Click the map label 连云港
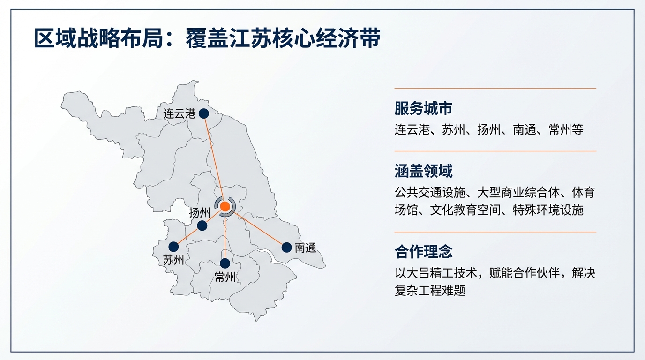pos(179,113)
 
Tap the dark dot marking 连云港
pos(203,113)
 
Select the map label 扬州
pos(199,213)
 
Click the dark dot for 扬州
pos(202,225)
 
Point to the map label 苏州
pos(173,260)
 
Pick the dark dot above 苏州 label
pos(174,246)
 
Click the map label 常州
pos(225,277)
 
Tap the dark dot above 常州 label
pos(225,263)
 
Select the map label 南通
pos(306,248)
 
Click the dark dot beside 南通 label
pos(286,247)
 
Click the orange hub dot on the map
pos(225,206)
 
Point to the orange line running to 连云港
pos(214,159)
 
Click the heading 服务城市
pos(423,109)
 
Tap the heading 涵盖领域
pos(423,171)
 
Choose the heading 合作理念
pos(423,252)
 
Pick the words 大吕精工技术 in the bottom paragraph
pos(442,273)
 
